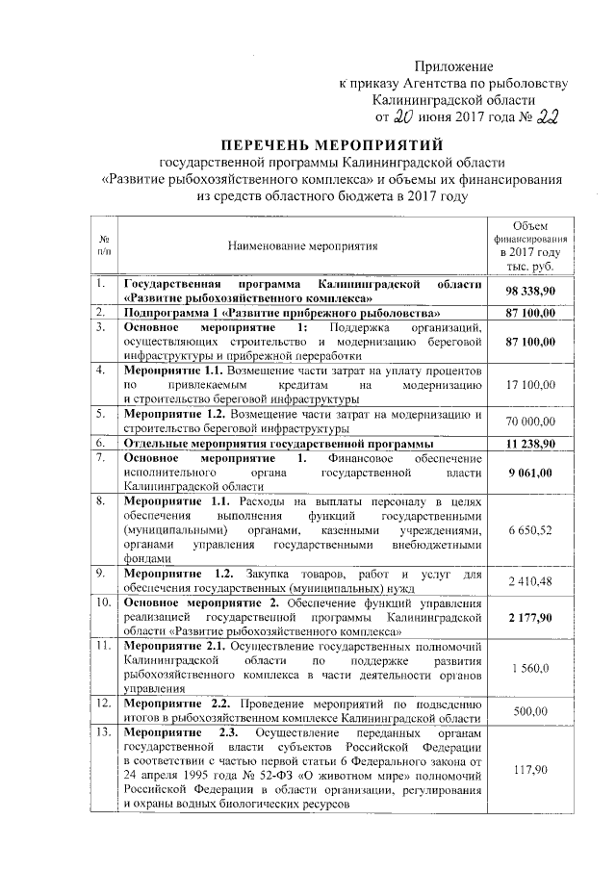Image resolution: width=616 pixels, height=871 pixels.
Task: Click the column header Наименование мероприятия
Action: pyautogui.click(x=303, y=245)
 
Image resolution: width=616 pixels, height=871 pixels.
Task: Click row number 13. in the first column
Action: pyautogui.click(x=102, y=735)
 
